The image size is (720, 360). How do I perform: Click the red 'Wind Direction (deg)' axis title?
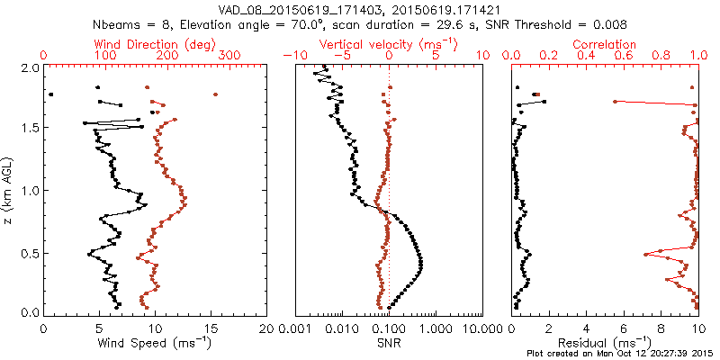(156, 44)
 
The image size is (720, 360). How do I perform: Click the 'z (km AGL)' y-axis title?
(8, 191)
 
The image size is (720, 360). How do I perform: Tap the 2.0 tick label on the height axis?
(31, 68)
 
